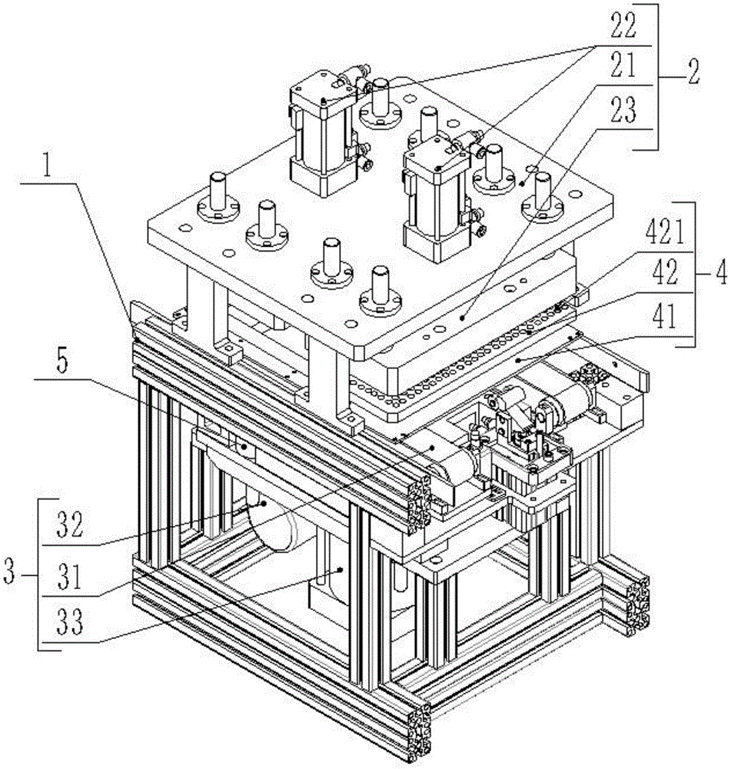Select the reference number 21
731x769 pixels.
pyautogui.click(x=623, y=65)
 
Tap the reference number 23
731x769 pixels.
pyautogui.click(x=623, y=109)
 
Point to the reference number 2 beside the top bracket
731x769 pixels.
pyautogui.click(x=693, y=74)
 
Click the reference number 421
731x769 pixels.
pyautogui.click(x=664, y=231)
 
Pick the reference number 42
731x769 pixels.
pyautogui.click(x=664, y=273)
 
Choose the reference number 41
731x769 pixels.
pyautogui.click(x=664, y=315)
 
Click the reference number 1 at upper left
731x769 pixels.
pyautogui.click(x=47, y=167)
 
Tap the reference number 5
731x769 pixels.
pyautogui.click(x=62, y=361)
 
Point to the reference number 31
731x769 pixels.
pyautogui.click(x=70, y=578)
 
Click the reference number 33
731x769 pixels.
pyautogui.click(x=70, y=622)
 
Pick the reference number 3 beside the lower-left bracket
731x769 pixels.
pyautogui.click(x=10, y=572)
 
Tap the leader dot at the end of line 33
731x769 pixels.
pyautogui.click(x=340, y=569)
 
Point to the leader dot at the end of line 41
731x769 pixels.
pyautogui.click(x=518, y=360)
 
